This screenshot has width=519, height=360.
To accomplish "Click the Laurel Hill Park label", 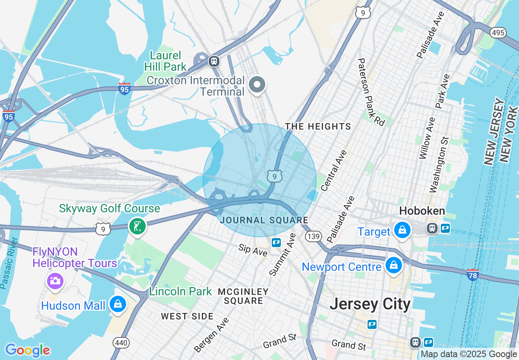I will tap(165, 61).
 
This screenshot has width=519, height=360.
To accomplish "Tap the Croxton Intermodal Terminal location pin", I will tap(257, 85).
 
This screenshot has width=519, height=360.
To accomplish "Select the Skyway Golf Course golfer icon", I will tap(138, 226).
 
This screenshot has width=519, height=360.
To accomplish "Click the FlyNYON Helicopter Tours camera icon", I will tap(54, 281).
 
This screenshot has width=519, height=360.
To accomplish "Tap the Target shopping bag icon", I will tap(403, 230).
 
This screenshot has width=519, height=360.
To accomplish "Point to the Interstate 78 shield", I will tap(472, 274).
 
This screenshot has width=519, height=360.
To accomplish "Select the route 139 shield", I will tap(314, 237).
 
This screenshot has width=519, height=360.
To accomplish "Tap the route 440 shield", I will tap(122, 343).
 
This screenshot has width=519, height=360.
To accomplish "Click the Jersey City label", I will tap(370, 304).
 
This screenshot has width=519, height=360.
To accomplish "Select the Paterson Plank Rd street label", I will tap(372, 92).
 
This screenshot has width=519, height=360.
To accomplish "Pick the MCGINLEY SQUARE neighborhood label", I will tap(243, 296).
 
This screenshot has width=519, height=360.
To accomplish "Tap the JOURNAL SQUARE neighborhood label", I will tap(264, 220).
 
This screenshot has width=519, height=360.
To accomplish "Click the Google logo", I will tap(27, 350).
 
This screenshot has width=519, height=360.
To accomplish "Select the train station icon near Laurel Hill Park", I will tap(214, 61).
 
